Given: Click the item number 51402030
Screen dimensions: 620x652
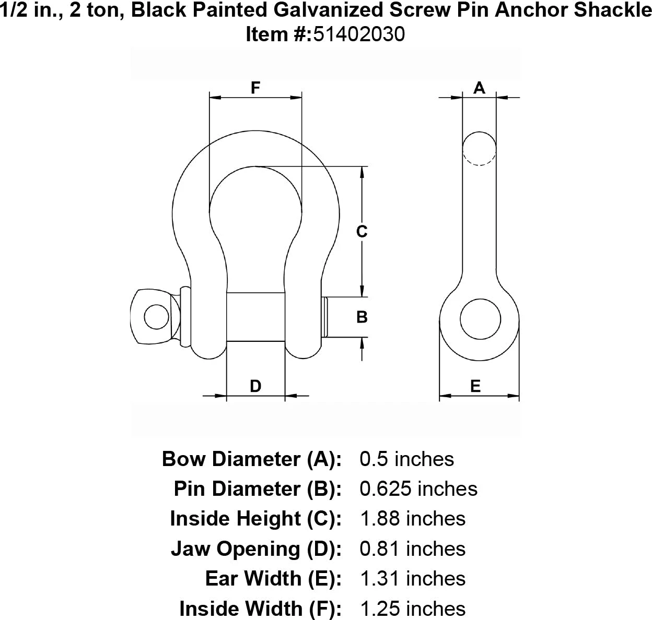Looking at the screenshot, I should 358,34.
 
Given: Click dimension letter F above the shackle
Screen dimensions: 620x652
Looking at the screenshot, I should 255,88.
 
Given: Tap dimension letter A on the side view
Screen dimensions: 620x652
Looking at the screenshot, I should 479,88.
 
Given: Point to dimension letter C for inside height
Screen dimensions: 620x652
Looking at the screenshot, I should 362,231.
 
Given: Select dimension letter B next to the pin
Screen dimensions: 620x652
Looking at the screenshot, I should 362,317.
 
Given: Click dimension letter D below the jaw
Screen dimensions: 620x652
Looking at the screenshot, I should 255,386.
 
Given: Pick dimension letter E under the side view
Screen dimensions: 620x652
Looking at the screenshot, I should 475,386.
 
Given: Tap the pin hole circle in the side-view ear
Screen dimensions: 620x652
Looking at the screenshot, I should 480,318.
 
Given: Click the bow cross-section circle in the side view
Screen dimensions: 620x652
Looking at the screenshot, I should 479,148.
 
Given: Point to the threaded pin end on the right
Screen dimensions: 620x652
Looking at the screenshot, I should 325,317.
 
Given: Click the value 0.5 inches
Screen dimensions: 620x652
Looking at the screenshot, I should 407,459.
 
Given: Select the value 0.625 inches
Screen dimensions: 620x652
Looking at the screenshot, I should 418,489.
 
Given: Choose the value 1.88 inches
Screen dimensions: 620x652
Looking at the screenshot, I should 413,519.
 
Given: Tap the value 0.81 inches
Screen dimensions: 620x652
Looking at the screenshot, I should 413,549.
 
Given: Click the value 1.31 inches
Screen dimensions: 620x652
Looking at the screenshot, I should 413,579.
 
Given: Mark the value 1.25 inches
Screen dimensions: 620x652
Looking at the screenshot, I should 413,609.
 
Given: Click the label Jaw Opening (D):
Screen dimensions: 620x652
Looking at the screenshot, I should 256,549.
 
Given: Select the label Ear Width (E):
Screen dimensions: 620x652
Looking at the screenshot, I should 273,579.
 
